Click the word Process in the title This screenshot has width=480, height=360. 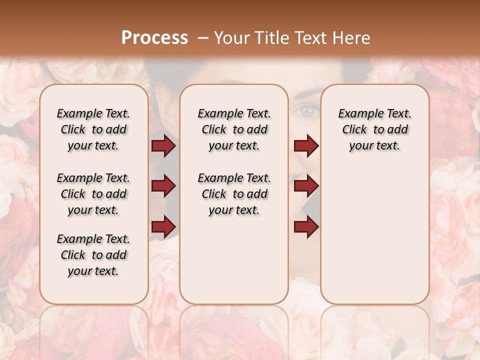[154, 38]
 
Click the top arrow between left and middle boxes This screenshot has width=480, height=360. [163, 146]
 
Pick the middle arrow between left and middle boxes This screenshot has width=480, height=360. [163, 186]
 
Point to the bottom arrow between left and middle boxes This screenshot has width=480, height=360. [163, 226]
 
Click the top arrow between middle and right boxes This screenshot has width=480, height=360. [306, 146]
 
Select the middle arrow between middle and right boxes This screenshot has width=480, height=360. [306, 186]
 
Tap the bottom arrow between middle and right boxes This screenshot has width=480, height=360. [306, 226]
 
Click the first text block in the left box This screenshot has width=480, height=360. [93, 129]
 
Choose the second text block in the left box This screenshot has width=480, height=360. [93, 194]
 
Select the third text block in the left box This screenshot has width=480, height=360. [93, 255]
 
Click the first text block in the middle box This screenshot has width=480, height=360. [234, 129]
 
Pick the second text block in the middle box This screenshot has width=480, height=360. [234, 194]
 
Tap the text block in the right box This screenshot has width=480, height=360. [375, 129]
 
